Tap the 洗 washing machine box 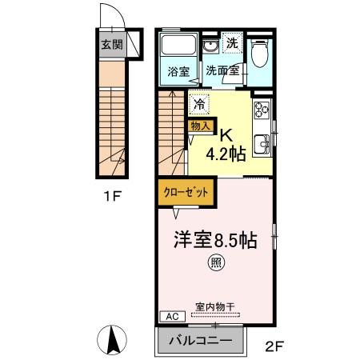231,43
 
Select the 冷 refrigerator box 198,103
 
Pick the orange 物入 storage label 199,125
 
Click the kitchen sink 262,146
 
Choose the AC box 168,316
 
